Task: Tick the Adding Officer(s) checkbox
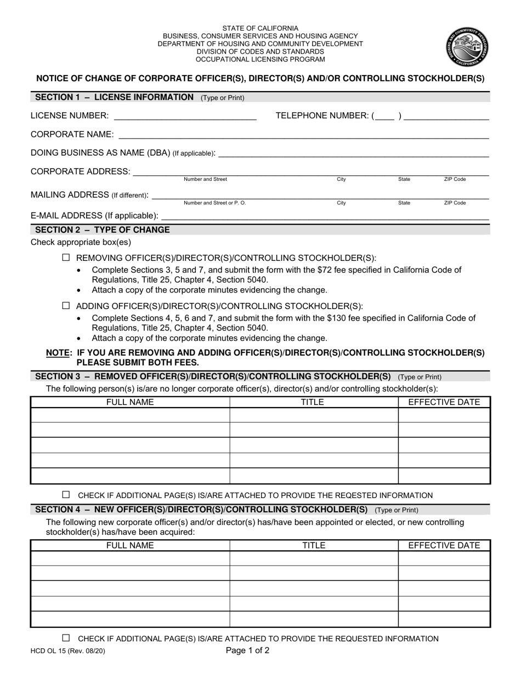(66, 306)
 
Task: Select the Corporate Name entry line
(303, 135)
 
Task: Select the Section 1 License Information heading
(114, 98)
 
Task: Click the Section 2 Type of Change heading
(103, 230)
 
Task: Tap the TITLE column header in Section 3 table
(313, 402)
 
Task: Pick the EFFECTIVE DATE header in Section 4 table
(444, 545)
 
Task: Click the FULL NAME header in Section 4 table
(130, 545)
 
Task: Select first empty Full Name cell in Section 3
(130, 415)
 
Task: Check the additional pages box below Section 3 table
(66, 494)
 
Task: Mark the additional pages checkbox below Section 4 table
(66, 638)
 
